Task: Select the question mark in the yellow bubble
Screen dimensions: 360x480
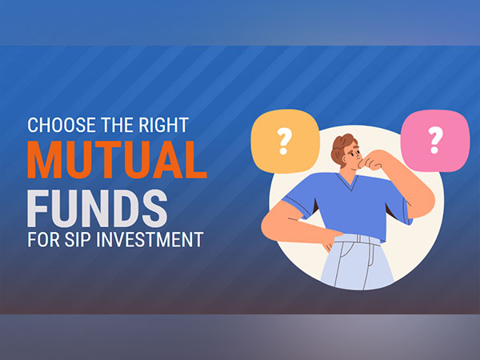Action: click(282, 141)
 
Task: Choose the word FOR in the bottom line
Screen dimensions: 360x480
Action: click(40, 240)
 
